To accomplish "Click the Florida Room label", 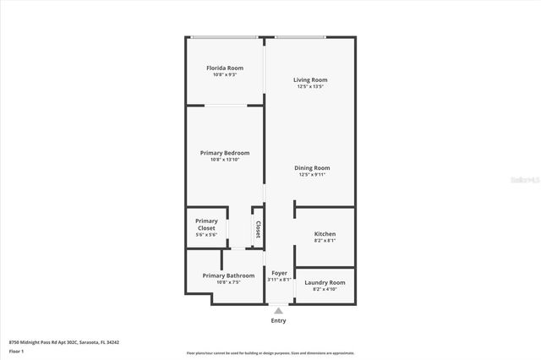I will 224,67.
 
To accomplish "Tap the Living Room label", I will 310,79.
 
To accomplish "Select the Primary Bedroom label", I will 224,152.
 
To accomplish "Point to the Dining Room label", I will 311,167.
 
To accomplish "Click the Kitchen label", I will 325,233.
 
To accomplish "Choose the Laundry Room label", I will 325,282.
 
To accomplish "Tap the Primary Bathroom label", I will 228,275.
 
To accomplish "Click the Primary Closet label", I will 206,225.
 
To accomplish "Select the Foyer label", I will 279,273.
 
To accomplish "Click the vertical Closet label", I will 258,229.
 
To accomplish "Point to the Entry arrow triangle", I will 278,310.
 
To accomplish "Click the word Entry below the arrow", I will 278,320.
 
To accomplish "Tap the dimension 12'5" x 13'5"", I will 310,86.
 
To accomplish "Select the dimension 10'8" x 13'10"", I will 224,159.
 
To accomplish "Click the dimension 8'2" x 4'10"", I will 325,289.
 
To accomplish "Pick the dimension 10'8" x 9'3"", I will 224,74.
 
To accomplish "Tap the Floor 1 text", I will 16,351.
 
